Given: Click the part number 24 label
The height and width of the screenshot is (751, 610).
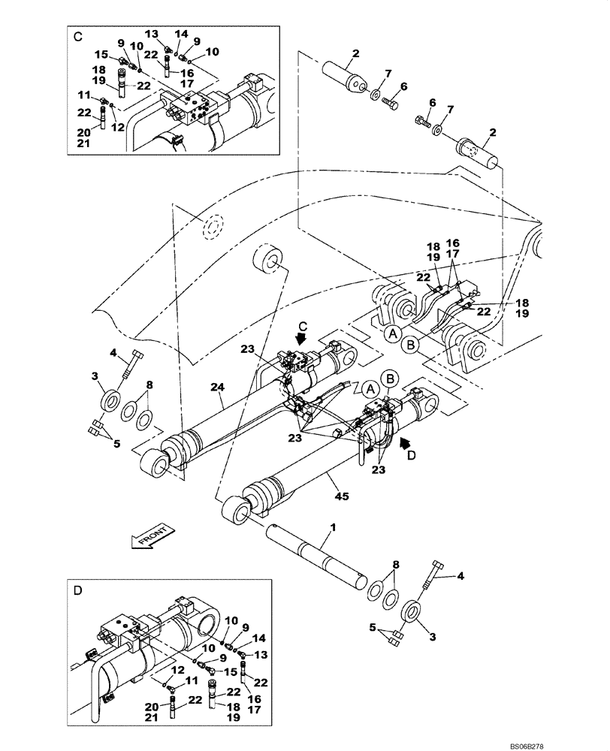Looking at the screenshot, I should pos(218,388).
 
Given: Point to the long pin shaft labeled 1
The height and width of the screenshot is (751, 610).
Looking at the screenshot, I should pos(316,555).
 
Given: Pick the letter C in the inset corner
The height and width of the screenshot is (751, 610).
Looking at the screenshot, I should pos(78,35).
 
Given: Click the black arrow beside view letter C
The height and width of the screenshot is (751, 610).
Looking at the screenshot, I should pos(301,339).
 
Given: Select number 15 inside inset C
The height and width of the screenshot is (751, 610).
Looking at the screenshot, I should pos(100,53).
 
